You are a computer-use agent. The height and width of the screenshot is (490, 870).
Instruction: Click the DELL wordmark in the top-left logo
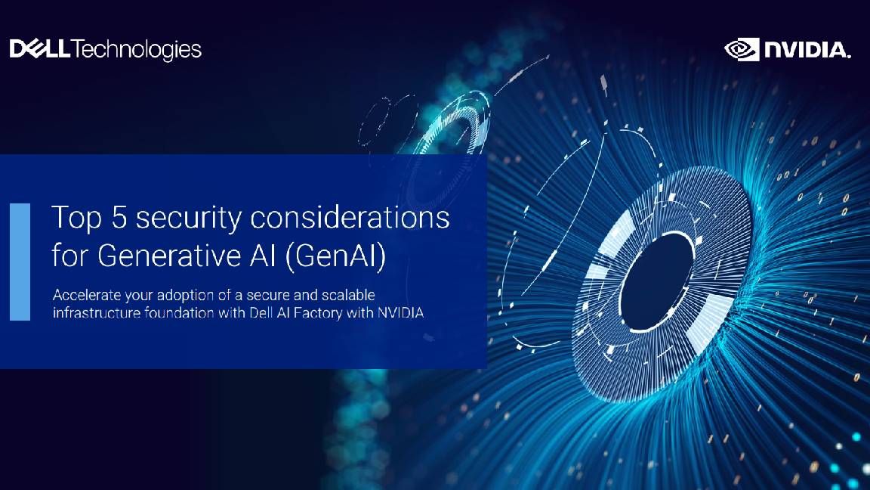pyautogui.click(x=40, y=50)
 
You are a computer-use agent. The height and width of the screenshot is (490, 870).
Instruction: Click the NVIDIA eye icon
pyautogui.click(x=741, y=49)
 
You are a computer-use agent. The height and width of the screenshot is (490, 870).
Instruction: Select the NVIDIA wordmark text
pyautogui.click(x=807, y=51)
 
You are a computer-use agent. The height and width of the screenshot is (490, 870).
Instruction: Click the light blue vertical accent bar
pyautogui.click(x=20, y=262)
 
